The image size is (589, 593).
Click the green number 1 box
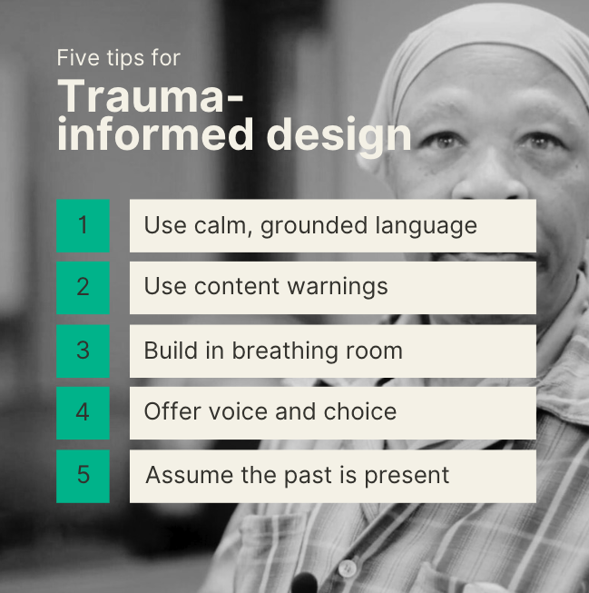83,226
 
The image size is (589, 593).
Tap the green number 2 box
83,288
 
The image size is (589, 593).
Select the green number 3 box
83,351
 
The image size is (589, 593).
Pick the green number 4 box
83,413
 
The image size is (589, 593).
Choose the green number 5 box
83,476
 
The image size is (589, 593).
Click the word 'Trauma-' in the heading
150,96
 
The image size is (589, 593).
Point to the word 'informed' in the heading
155,134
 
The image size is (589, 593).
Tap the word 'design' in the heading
339,137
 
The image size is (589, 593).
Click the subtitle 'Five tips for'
118,58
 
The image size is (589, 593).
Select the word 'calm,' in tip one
223,226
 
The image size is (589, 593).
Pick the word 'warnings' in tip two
338,288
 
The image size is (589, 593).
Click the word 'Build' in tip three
171,351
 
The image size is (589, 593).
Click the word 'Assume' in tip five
190,475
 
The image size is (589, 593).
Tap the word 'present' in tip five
407,477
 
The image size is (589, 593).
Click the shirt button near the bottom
347,568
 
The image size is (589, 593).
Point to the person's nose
487,174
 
